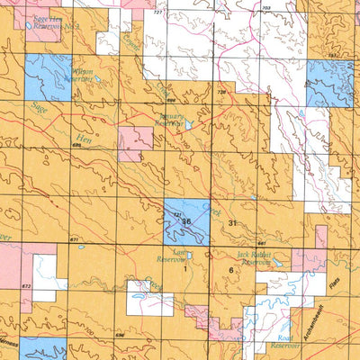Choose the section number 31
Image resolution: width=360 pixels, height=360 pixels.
pos(233,222)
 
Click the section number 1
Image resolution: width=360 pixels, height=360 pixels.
pos(185,269)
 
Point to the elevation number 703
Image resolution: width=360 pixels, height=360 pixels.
pos(265,8)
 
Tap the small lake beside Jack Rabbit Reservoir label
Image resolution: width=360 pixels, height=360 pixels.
pos(276,265)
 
